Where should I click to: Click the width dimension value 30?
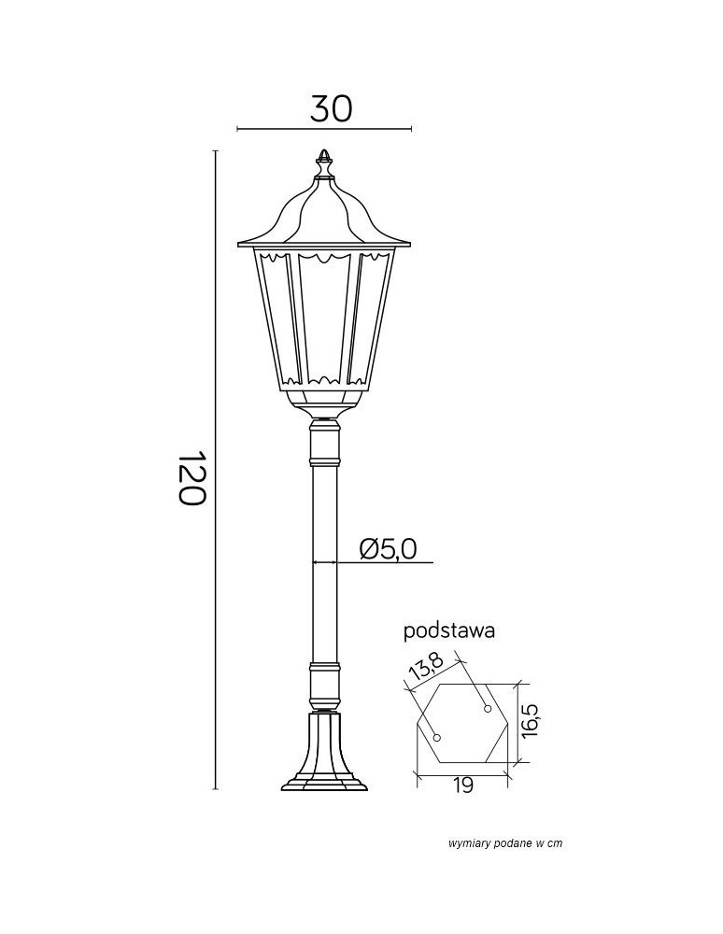pyautogui.click(x=332, y=108)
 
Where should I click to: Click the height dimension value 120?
pyautogui.click(x=191, y=478)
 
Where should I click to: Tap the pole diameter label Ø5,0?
pyautogui.click(x=387, y=548)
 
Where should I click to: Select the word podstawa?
pyautogui.click(x=448, y=630)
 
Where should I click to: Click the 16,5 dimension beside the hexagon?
pyautogui.click(x=531, y=721)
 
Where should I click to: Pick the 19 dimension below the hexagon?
pyautogui.click(x=462, y=785)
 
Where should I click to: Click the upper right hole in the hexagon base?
pyautogui.click(x=487, y=710)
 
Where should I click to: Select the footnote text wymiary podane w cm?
pyautogui.click(x=505, y=843)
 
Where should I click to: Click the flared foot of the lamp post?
pyautogui.click(x=324, y=757)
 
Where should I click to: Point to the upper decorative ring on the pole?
pyautogui.click(x=324, y=460)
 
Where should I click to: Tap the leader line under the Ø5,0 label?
pyautogui.click(x=392, y=563)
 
